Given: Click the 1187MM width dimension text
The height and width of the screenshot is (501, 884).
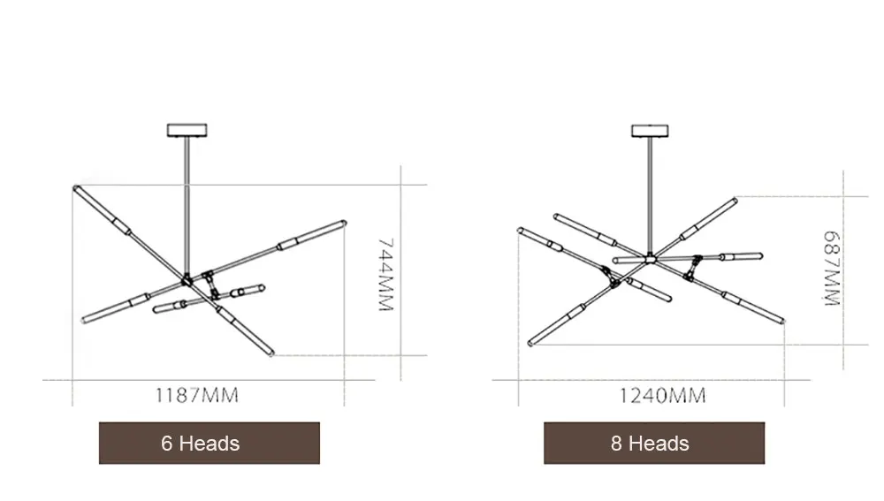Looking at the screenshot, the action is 197,395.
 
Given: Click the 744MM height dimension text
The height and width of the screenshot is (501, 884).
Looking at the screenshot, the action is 385,275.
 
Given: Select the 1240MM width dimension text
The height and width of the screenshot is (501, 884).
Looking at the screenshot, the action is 662,396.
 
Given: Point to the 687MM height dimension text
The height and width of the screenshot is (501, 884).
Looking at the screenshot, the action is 832,269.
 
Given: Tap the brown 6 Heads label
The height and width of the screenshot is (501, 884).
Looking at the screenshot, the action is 210,443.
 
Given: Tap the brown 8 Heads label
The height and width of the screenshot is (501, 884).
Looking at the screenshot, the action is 654,443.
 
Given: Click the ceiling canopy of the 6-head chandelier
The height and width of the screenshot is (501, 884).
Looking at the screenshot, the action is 187,130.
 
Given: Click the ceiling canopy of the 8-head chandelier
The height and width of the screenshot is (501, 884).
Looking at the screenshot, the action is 650,132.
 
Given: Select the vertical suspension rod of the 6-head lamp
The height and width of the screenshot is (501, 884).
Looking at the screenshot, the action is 187,206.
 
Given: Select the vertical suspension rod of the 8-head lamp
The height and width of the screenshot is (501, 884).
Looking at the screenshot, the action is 650,197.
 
